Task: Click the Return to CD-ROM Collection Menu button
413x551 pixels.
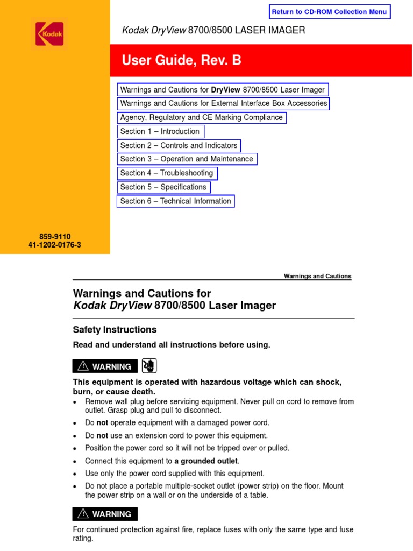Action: pyautogui.click(x=329, y=12)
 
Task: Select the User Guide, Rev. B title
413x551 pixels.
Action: pyautogui.click(x=181, y=61)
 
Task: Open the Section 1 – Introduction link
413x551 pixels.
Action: pyautogui.click(x=160, y=131)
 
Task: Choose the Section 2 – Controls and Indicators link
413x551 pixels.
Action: pyautogui.click(x=179, y=145)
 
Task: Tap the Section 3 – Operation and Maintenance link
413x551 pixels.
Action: pyautogui.click(x=187, y=159)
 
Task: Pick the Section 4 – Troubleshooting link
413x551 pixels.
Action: pyautogui.click(x=167, y=173)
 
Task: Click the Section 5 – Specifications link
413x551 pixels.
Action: pyautogui.click(x=163, y=187)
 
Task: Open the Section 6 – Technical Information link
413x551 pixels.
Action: pyautogui.click(x=176, y=201)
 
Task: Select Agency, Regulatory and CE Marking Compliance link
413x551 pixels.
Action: pyautogui.click(x=201, y=117)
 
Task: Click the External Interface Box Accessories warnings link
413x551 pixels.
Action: pyautogui.click(x=223, y=103)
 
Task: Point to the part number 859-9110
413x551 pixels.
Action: pyautogui.click(x=55, y=236)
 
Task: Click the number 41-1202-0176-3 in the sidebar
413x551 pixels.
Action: pyautogui.click(x=55, y=245)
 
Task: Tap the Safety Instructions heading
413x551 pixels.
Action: pyautogui.click(x=115, y=330)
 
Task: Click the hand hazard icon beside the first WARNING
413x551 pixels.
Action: pyautogui.click(x=149, y=366)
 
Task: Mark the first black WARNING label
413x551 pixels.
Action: pyautogui.click(x=105, y=366)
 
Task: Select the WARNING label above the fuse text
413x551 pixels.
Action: pyautogui.click(x=105, y=514)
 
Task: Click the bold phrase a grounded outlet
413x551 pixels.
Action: pyautogui.click(x=206, y=461)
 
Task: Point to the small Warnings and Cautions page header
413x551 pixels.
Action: pyautogui.click(x=317, y=276)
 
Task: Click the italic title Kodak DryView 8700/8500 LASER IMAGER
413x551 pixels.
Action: pyautogui.click(x=213, y=30)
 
